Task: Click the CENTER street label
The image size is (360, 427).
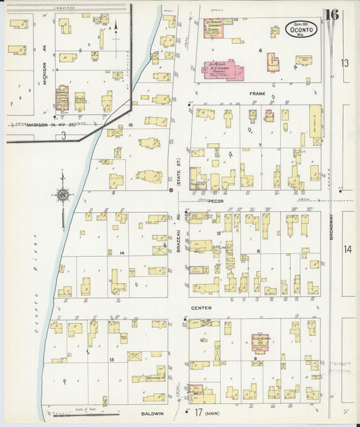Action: [201, 308]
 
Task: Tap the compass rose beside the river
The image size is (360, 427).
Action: [62, 196]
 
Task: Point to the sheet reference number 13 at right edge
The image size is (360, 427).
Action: [345, 63]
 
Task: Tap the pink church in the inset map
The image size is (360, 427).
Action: [63, 99]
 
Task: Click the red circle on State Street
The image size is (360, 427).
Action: [172, 191]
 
